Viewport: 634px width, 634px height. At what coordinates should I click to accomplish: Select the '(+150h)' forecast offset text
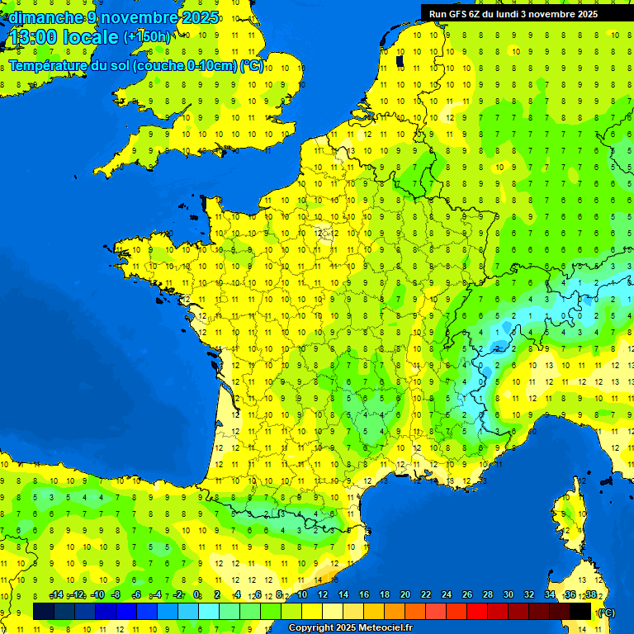click(147, 37)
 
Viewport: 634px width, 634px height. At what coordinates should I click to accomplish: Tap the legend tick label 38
click(591, 595)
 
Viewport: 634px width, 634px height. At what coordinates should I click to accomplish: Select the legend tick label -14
click(56, 595)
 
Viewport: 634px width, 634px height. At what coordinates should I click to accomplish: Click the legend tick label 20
click(405, 595)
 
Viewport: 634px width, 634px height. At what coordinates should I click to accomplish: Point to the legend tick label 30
click(509, 595)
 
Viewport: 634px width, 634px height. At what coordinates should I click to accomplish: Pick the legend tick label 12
click(323, 595)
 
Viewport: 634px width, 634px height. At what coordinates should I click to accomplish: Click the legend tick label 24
click(447, 595)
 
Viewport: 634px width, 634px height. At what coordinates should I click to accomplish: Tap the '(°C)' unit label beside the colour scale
click(607, 613)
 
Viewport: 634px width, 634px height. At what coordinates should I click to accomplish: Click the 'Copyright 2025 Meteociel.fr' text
click(350, 627)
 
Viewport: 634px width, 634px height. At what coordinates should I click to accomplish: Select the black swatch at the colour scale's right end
click(580, 611)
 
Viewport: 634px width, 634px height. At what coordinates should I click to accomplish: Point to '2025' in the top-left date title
click(201, 17)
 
